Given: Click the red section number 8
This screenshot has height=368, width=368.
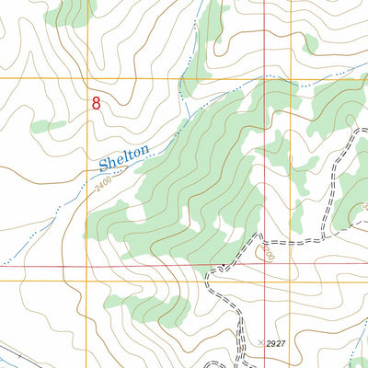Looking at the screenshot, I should pos(96,104).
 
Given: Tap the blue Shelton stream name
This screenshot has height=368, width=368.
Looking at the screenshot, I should pos(123,159).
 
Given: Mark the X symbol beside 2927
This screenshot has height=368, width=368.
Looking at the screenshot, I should pos(261,342).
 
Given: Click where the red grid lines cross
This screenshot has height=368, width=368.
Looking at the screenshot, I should pos(264,267).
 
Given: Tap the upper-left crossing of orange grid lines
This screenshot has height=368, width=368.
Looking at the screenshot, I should pos(89,79).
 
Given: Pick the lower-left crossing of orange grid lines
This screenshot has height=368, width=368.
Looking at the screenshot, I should pos(89,281).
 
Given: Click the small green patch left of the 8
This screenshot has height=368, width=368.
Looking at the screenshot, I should pos(48,125).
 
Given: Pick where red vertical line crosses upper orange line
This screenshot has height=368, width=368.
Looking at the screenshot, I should pos(264,79).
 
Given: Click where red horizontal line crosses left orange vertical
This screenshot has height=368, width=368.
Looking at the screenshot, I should pos(89,267).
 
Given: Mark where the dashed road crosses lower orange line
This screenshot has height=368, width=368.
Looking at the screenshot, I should pos(213,281).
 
